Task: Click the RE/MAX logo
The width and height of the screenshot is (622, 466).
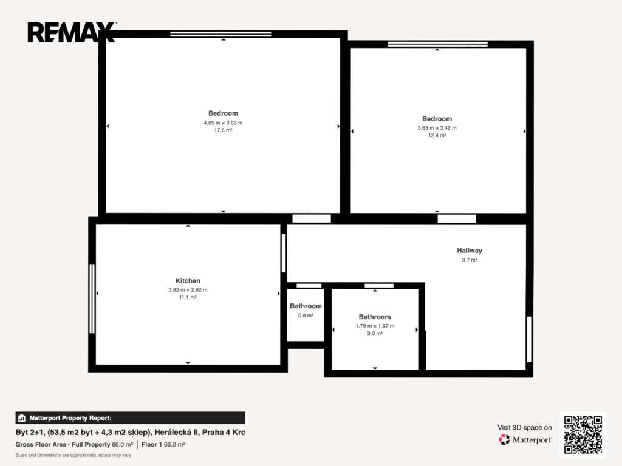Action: [72, 32]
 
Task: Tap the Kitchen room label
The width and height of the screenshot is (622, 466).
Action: [188, 280]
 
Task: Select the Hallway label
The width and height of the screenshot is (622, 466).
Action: [470, 251]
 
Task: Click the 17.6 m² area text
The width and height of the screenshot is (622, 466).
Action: [224, 130]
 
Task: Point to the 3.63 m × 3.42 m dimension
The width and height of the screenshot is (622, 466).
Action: [437, 128]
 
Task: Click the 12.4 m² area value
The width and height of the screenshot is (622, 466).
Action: [437, 135]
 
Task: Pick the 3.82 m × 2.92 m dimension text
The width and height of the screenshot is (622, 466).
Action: [188, 289]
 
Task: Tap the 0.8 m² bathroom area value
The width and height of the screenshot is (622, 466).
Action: [306, 316]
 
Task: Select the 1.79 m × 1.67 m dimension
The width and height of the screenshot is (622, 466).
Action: [375, 326]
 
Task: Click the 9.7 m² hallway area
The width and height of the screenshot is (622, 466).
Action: [470, 260]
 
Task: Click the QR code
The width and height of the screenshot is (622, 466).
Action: [583, 434]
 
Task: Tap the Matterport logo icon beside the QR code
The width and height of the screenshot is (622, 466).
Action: [504, 439]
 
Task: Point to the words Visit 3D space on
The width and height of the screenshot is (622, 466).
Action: [524, 428]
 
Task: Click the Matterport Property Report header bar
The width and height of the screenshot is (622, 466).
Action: [130, 418]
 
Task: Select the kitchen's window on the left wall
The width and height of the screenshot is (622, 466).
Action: [92, 299]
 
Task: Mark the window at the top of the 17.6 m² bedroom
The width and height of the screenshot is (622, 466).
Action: [220, 34]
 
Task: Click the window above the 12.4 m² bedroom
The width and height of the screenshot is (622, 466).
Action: [437, 44]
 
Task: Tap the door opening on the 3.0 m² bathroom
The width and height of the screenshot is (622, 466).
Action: [379, 286]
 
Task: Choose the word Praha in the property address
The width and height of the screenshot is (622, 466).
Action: [213, 432]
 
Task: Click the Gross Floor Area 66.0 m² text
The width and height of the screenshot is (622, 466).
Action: [74, 445]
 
